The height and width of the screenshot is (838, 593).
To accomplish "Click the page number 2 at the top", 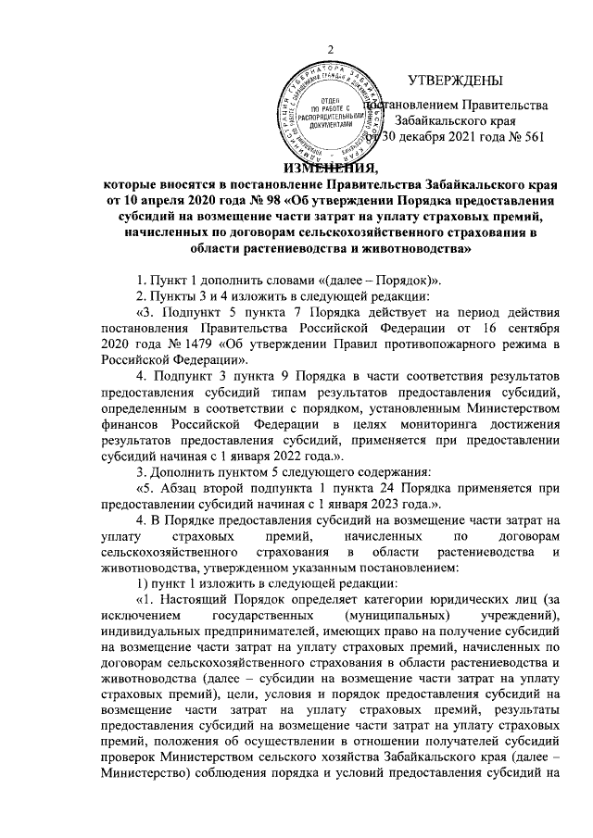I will pyautogui.click(x=331, y=50).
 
